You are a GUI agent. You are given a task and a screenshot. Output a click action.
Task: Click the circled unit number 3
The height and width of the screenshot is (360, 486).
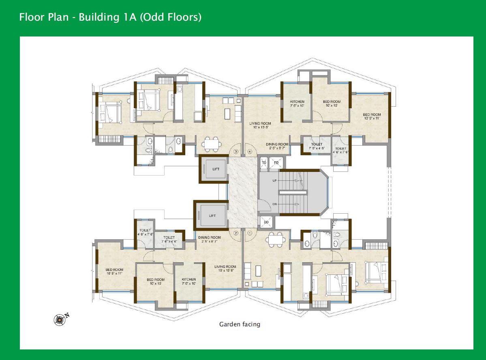236,152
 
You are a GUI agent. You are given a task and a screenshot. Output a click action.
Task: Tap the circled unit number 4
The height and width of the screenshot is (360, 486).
250,152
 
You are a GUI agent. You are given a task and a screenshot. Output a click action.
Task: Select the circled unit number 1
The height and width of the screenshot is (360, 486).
250,233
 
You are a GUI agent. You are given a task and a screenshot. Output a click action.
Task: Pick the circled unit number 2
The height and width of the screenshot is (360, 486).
236,233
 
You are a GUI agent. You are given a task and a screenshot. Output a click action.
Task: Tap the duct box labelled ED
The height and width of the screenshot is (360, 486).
267,222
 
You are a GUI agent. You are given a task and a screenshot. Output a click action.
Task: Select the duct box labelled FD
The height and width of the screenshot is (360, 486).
276,163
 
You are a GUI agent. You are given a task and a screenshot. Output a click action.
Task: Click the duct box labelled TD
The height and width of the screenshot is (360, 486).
264,163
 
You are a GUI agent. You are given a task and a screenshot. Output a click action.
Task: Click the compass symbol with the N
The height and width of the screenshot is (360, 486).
60,319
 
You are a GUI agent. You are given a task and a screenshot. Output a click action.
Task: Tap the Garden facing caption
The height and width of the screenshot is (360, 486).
240,324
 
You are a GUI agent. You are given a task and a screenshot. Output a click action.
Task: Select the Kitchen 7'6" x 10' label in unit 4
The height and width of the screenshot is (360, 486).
297,103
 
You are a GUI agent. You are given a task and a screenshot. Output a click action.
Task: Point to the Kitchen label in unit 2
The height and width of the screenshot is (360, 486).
189,281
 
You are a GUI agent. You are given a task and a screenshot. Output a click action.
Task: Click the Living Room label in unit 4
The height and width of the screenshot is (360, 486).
260,125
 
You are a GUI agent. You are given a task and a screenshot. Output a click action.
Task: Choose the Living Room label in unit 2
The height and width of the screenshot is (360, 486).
225,268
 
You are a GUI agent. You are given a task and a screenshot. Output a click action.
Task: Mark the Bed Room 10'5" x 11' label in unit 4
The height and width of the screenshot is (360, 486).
372,117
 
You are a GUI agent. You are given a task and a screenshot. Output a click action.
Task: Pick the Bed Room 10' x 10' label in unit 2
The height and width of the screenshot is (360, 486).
156,281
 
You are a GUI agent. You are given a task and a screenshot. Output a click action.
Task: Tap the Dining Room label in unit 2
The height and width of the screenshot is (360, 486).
210,239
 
